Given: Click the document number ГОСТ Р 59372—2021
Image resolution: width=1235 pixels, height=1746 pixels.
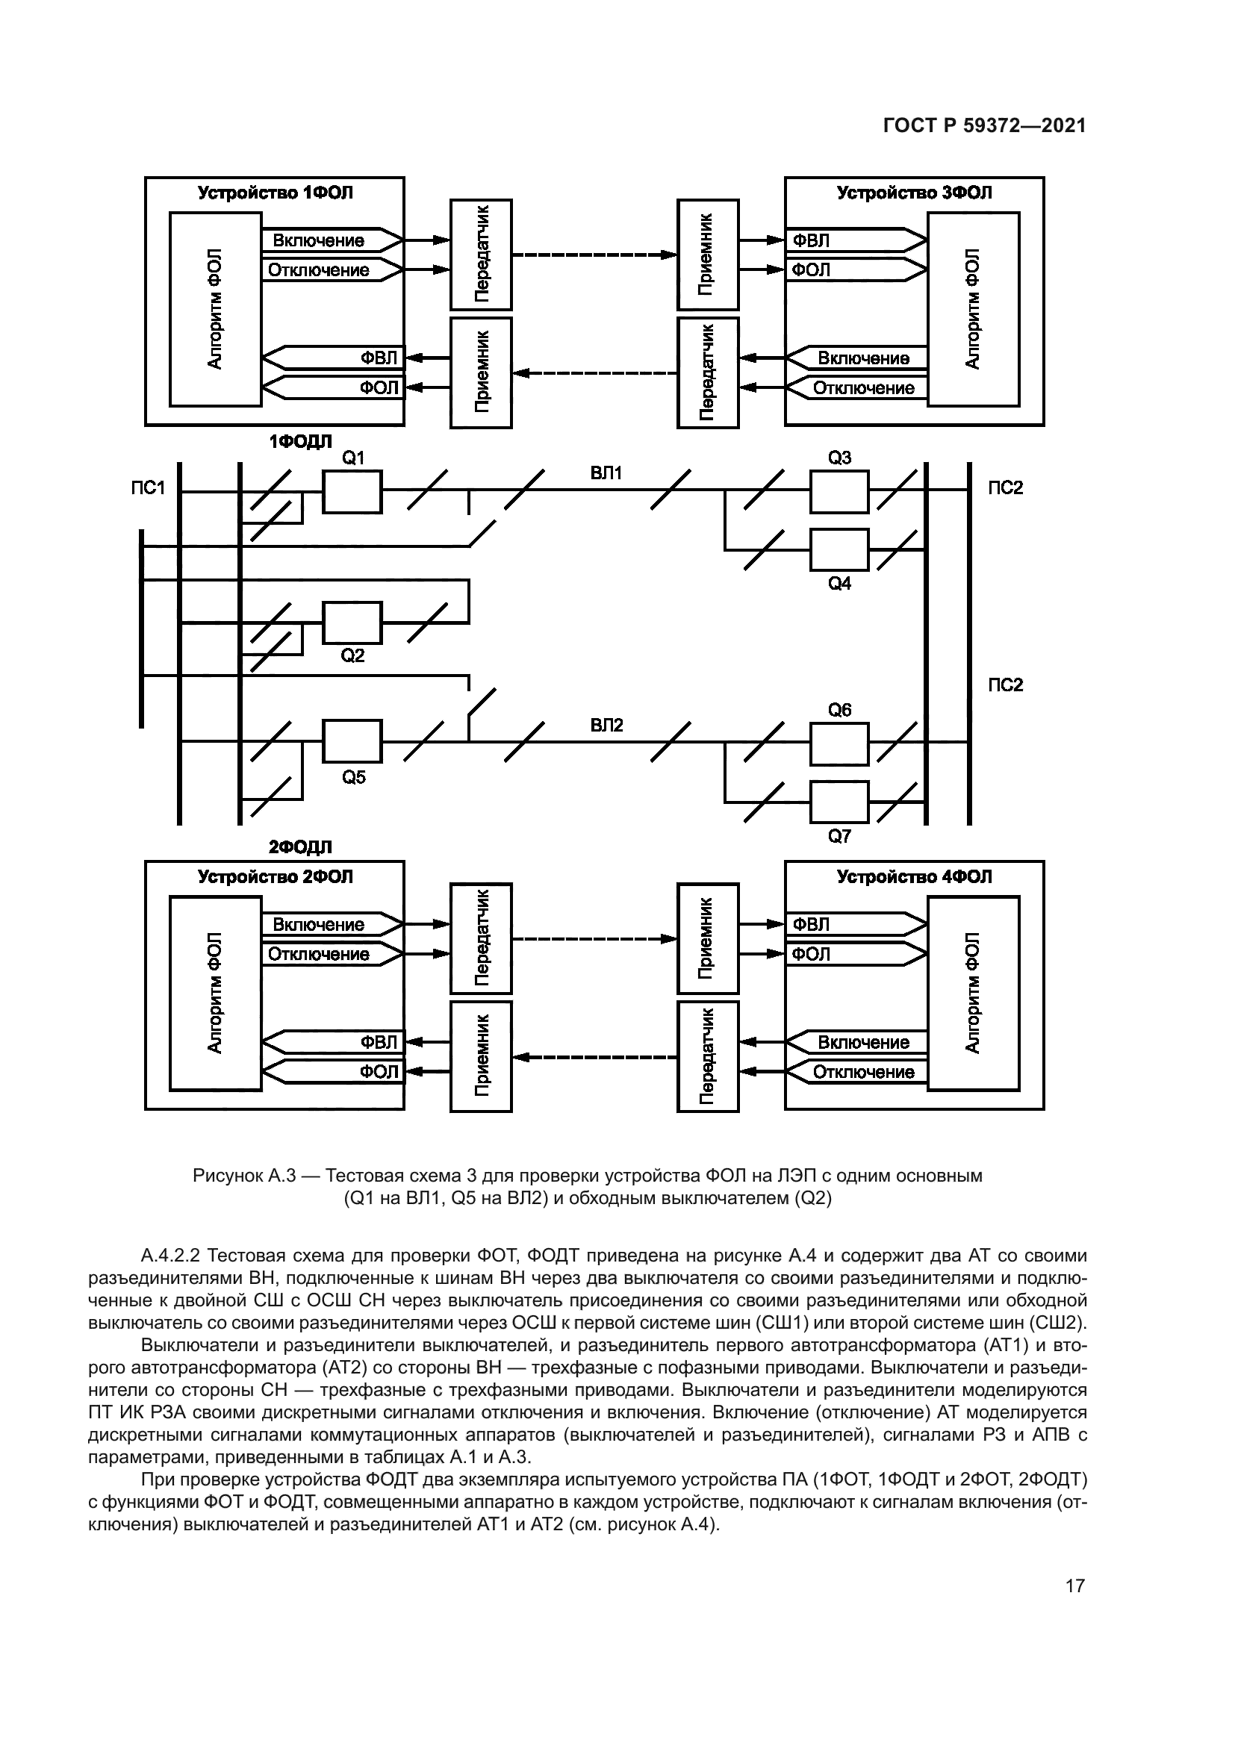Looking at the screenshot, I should click(x=984, y=126).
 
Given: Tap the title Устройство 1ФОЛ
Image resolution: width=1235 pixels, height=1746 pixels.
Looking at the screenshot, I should click(x=276, y=193).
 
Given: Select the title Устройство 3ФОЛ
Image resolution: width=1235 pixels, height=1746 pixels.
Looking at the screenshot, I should click(x=914, y=193).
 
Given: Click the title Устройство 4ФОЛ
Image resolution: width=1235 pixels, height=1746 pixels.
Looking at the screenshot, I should click(x=914, y=877).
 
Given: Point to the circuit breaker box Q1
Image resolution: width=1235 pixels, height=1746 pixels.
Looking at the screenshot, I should click(x=353, y=492).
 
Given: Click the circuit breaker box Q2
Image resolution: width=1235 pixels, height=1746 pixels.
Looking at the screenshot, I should click(x=353, y=623).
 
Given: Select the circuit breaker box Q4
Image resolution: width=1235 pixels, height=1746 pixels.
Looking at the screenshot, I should click(x=839, y=550).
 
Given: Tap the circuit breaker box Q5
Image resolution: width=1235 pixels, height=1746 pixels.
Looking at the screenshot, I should click(x=353, y=741).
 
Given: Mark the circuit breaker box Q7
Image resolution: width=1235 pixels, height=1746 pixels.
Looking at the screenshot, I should click(x=839, y=802).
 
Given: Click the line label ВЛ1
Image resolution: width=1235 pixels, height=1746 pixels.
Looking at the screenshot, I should click(x=606, y=474).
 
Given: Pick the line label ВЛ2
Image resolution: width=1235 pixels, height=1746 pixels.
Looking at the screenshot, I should click(x=606, y=726).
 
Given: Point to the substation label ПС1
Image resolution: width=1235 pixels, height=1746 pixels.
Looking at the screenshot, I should click(x=148, y=487).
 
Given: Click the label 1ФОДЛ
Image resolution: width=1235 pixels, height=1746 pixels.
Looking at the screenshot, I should click(x=300, y=442).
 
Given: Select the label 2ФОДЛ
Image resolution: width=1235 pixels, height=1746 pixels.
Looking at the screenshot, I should click(x=300, y=847).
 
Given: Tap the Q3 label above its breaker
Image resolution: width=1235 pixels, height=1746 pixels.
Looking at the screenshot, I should click(x=839, y=458).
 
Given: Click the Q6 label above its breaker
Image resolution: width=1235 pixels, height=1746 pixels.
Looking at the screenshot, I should click(x=839, y=710).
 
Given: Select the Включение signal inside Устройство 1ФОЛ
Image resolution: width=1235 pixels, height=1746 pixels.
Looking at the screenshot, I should click(x=319, y=241).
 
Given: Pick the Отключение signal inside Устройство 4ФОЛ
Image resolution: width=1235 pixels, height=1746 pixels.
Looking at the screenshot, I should click(x=864, y=1072).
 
